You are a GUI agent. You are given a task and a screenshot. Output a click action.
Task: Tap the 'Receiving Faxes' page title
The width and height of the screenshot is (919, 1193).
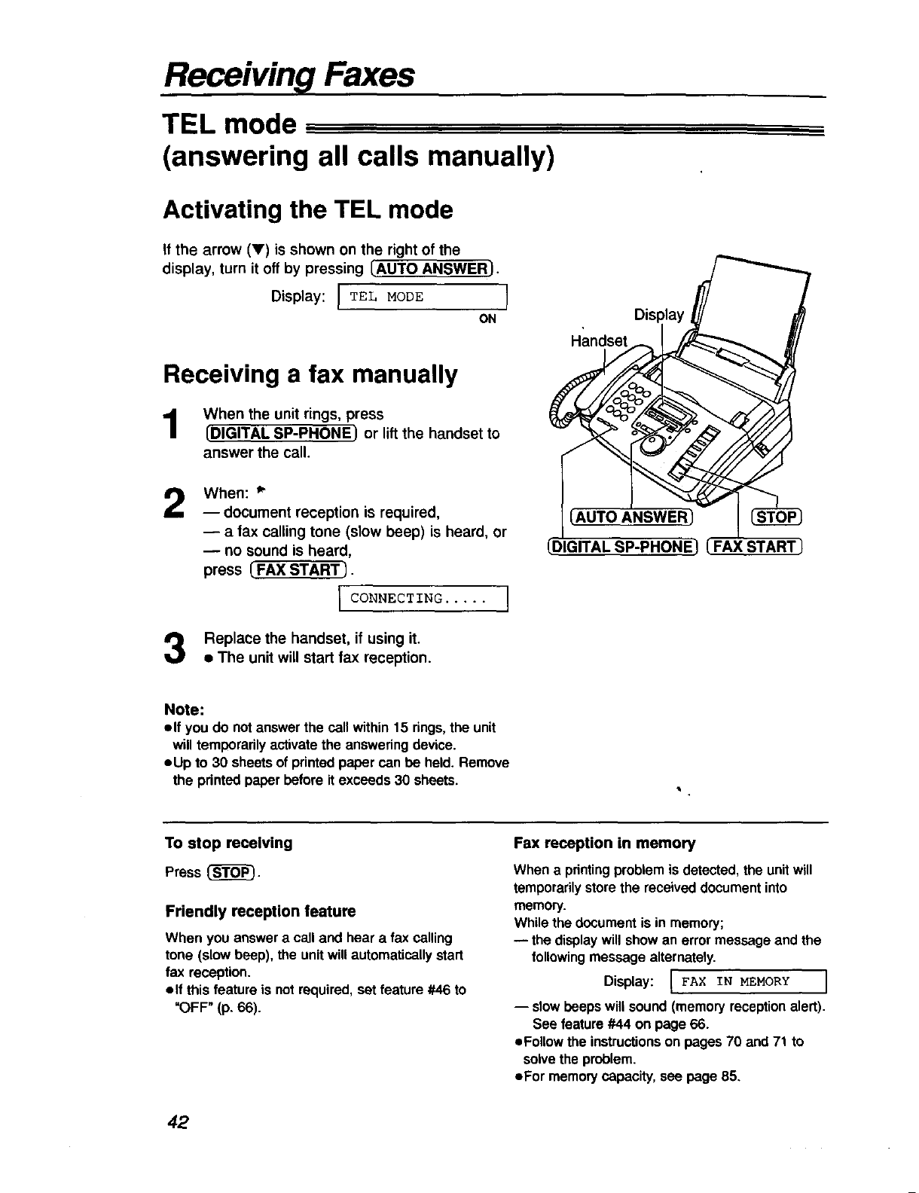289,75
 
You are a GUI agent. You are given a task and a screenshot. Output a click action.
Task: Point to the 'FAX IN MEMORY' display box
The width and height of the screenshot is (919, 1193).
748,981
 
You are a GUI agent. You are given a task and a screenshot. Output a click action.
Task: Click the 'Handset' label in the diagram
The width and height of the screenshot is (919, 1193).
599,341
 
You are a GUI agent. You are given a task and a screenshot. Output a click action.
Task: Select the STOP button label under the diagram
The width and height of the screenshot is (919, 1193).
778,517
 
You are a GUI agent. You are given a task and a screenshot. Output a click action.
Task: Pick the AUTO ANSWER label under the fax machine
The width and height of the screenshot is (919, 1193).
631,517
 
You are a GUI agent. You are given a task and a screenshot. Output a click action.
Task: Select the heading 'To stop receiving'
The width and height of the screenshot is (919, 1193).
228,843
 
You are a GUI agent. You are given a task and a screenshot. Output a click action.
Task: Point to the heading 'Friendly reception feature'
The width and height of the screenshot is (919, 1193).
260,911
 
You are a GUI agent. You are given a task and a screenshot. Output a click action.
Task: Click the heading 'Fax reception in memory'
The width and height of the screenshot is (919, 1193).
604,843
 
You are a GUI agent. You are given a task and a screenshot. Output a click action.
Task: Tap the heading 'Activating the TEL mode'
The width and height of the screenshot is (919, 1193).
308,209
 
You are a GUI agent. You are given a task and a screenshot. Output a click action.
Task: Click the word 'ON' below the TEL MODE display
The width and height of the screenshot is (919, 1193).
487,319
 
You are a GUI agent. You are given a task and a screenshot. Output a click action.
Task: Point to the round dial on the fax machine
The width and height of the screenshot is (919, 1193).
651,446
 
